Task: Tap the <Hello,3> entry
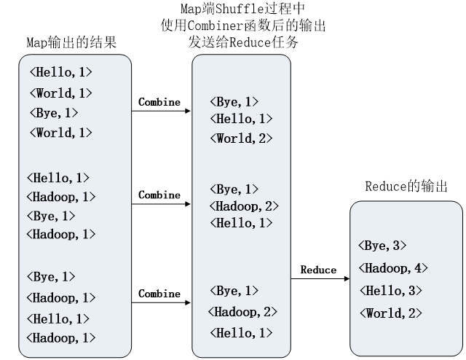coord(388,290)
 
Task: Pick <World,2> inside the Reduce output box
coord(388,313)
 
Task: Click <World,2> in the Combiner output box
coord(241,138)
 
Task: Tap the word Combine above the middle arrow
coord(159,195)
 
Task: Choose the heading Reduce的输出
coord(406,187)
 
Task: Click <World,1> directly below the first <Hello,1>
coord(61,93)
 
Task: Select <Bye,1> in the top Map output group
coord(54,112)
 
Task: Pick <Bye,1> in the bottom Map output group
coord(52,277)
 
